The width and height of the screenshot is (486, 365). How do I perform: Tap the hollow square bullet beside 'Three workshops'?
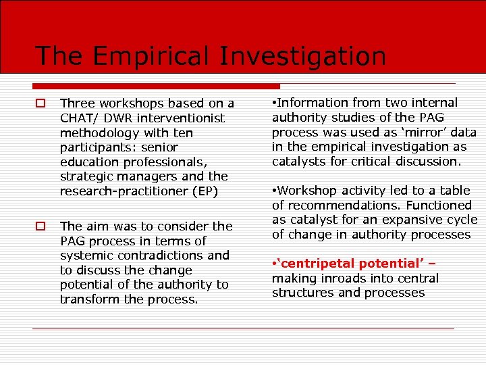41,103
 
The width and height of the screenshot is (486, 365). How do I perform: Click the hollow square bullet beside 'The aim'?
41,226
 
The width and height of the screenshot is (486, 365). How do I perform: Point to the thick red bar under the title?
156,87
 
